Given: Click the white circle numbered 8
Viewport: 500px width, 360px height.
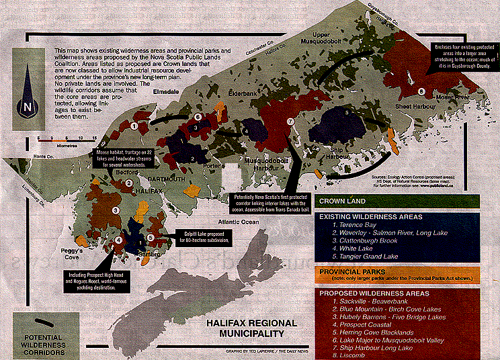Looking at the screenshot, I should click(421, 92).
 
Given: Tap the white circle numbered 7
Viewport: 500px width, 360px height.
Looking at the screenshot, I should click(290, 122).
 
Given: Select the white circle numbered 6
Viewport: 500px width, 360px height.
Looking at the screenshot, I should click(198, 116).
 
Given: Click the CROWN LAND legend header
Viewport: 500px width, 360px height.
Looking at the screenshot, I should click(343, 200).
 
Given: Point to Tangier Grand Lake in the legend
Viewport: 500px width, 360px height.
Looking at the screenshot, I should click(367, 257).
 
